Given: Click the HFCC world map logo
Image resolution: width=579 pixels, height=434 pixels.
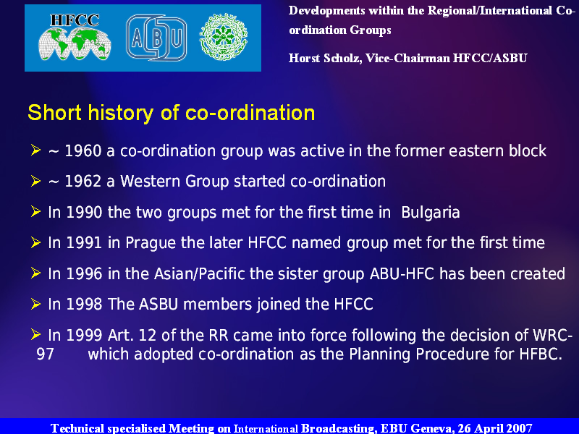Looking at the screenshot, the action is click(75, 37).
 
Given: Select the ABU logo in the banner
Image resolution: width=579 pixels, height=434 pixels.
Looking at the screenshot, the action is click(156, 38).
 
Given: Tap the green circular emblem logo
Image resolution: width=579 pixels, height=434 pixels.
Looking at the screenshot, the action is click(224, 38).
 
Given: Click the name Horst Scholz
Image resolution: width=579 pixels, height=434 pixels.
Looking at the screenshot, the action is click(325, 59).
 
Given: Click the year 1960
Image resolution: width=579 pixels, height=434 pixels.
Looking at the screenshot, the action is click(83, 151).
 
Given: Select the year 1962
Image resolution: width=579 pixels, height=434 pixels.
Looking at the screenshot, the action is click(83, 182).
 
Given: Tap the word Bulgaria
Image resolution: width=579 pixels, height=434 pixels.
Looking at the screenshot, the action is click(430, 213).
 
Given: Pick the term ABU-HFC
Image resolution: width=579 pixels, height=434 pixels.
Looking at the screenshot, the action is click(402, 274).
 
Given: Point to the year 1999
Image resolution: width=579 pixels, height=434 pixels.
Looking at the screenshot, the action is click(84, 336).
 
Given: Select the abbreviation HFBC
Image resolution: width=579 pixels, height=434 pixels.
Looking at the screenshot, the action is click(541, 354).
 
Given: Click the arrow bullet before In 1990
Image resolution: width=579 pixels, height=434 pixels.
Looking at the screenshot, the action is click(35, 212).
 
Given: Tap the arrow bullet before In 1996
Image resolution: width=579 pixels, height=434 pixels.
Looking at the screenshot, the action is click(35, 273).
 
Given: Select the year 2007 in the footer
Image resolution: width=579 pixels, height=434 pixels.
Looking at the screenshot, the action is click(519, 428).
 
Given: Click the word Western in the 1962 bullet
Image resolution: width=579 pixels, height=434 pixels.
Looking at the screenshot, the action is click(151, 182).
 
